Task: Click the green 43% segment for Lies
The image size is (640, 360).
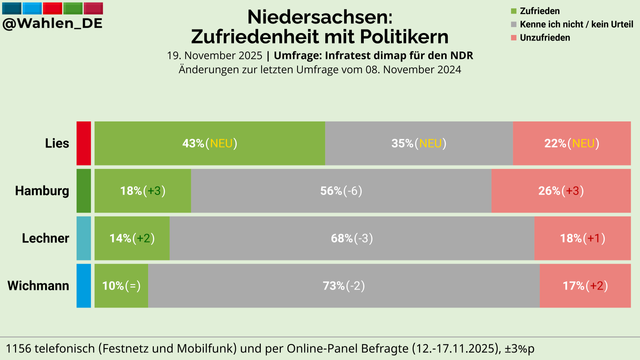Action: pos(210,143)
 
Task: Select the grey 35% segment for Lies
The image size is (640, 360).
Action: pos(419,143)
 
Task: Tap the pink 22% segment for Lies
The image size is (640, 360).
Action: pos(572,143)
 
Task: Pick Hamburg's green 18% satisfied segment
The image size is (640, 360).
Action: pos(143,191)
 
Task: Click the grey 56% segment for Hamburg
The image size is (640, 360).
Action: pos(341,191)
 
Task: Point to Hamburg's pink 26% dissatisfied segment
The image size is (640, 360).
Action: pos(561,191)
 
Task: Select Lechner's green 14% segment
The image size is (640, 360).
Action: pos(132,238)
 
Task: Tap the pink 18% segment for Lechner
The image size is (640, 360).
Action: pos(583,238)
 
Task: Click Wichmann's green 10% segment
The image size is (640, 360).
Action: pos(122,286)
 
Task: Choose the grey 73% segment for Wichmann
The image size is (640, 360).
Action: pos(344,286)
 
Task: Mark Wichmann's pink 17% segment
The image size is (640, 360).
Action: pos(585,286)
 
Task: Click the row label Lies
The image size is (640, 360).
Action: pos(57,143)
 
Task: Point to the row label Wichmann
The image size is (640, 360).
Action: pos(38,286)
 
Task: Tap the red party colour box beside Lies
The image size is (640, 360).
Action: pos(84,143)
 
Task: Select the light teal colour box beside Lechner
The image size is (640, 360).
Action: pos(84,238)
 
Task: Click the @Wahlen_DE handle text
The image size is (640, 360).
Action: pos(52,23)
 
